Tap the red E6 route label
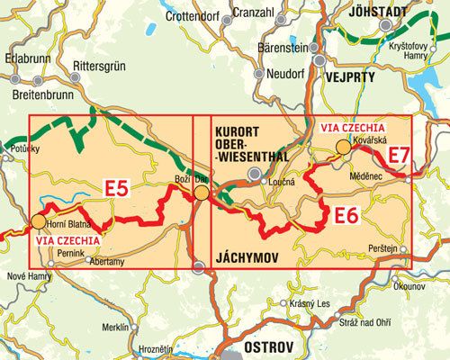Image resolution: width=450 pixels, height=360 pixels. (346, 215)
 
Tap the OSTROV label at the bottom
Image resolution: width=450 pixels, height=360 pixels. (258, 347)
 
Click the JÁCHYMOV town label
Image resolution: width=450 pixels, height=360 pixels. (247, 256)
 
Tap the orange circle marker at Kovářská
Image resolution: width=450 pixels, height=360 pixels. (343, 148)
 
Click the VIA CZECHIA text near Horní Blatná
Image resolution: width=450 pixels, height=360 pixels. (66, 240)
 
